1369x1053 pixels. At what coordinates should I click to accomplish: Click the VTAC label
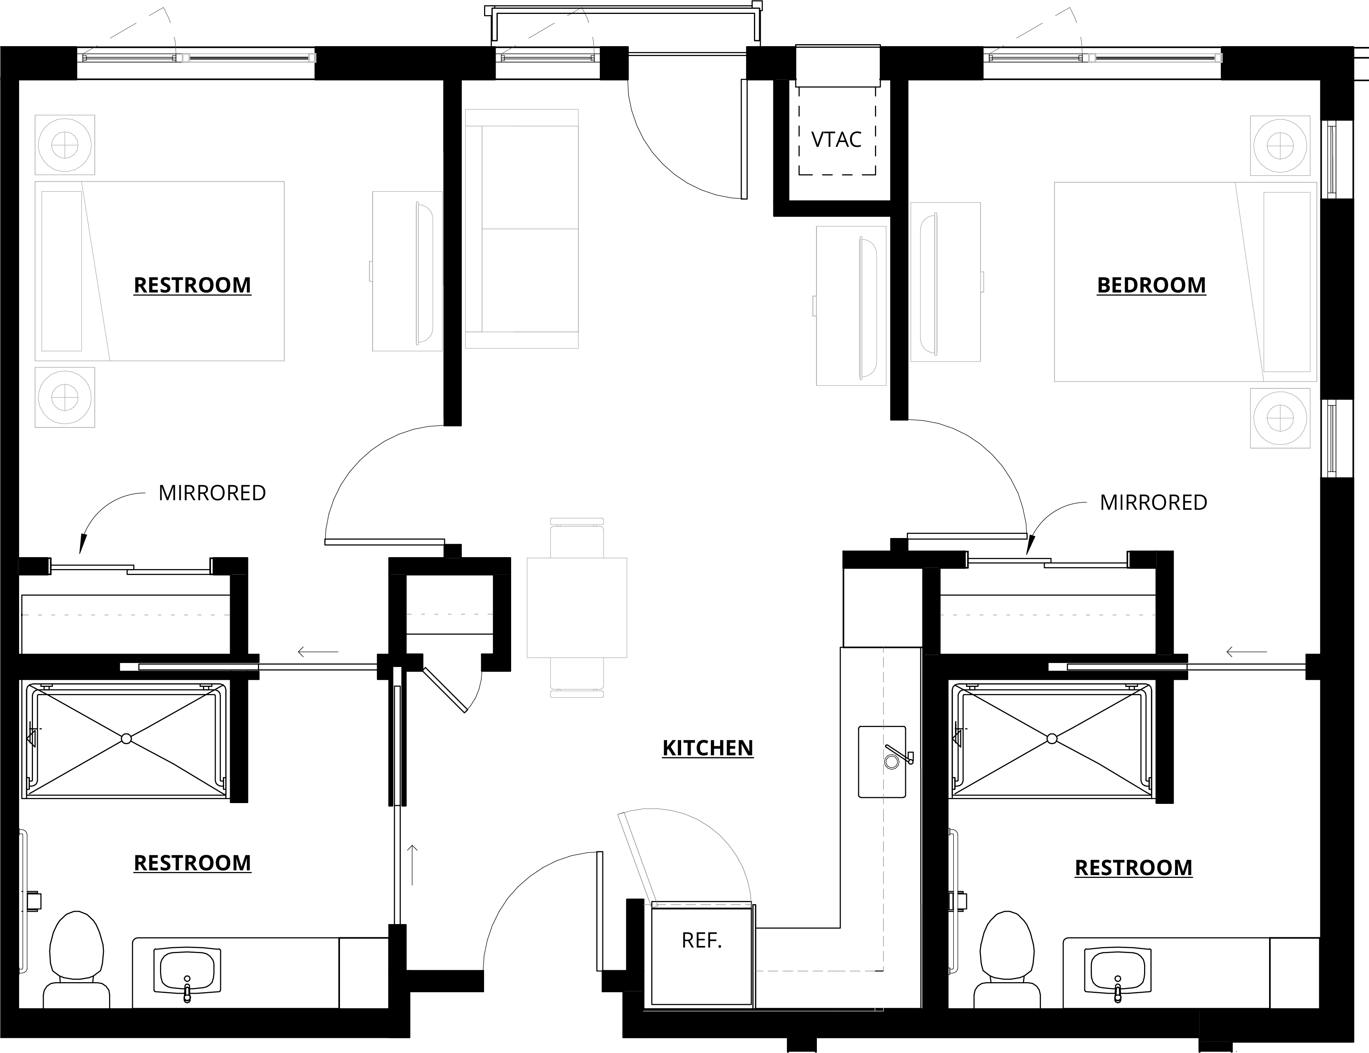point(836,139)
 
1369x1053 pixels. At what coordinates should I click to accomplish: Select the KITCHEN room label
point(708,748)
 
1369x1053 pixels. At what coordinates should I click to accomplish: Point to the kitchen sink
point(882,762)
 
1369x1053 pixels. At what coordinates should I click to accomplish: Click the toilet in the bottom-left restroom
point(76,959)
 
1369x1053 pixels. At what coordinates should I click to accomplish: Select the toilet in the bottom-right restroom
point(1007,959)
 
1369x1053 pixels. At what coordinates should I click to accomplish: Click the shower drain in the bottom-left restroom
point(126,739)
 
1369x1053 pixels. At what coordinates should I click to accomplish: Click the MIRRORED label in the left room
point(212,493)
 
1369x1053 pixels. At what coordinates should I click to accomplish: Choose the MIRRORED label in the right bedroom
point(1153,503)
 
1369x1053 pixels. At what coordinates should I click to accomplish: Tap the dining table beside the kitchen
point(577,607)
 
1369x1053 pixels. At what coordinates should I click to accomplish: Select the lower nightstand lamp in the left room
point(64,398)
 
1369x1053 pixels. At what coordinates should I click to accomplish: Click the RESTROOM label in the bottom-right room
point(1133,868)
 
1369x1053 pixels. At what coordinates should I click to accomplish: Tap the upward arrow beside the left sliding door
point(412,865)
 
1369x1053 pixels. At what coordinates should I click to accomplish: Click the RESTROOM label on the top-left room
point(192,285)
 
